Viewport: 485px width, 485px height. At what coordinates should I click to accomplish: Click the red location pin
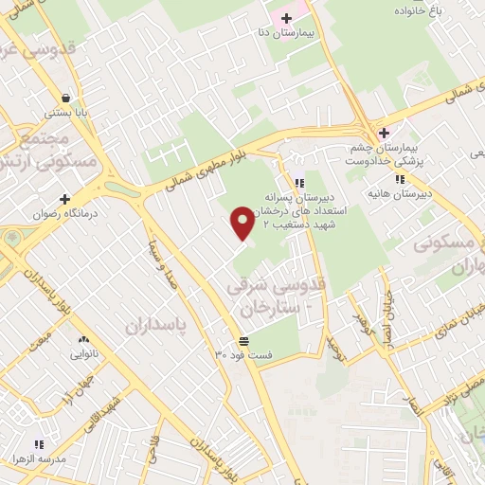coord(242,222)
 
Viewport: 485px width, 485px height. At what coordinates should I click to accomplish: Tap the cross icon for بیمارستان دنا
coord(286,18)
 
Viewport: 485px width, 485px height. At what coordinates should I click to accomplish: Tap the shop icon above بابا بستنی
coord(65,98)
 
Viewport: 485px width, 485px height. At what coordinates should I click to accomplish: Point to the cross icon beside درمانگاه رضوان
coord(65,199)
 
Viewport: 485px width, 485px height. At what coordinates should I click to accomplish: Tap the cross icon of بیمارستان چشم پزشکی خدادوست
coord(384,133)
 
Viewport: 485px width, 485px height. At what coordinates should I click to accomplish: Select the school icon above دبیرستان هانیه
coord(401,178)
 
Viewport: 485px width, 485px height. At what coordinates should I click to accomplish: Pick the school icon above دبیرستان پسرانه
coord(299,183)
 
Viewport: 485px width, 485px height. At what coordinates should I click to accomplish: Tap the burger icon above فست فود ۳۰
coord(244,341)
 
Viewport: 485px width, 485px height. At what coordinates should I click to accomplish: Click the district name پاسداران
coord(158,324)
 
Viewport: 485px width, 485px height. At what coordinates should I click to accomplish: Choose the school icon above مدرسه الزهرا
coord(39,443)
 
